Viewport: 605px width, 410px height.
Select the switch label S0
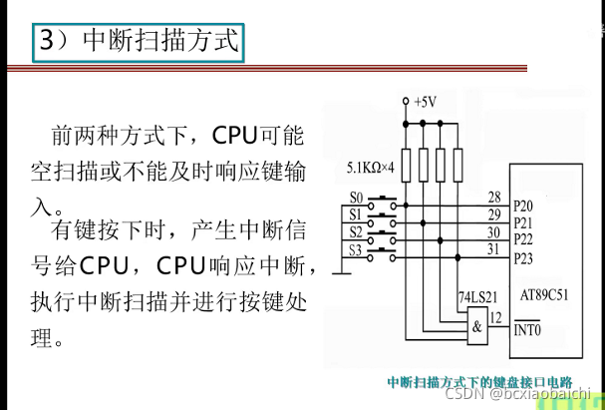(357, 198)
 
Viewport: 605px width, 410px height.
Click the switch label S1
(357, 214)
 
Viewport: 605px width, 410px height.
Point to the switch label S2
(357, 232)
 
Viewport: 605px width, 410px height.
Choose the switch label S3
(357, 249)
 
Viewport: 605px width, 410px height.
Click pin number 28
(494, 197)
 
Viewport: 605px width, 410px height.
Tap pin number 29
(494, 214)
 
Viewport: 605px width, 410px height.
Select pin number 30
(494, 232)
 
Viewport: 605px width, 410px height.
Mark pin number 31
(494, 250)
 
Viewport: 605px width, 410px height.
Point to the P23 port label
(524, 258)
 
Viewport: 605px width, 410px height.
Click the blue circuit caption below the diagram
(480, 382)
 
